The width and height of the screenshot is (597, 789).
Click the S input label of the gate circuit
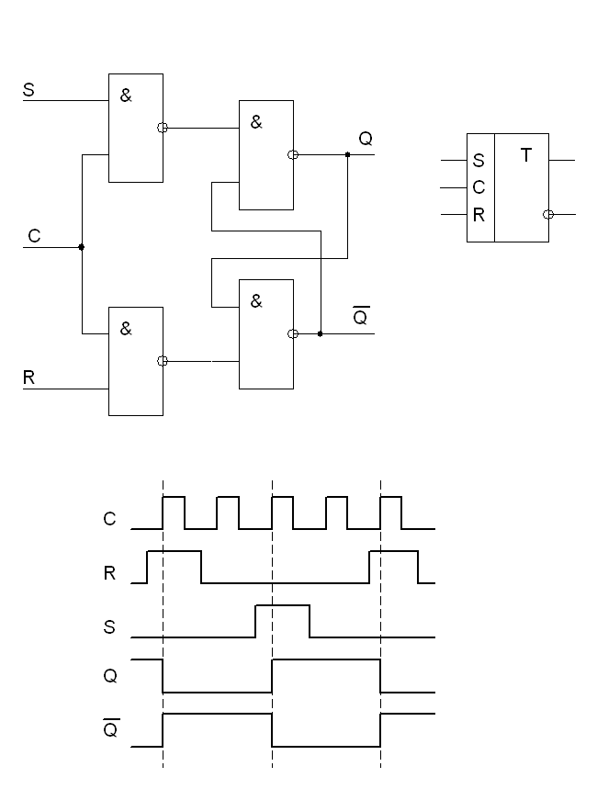point(28,90)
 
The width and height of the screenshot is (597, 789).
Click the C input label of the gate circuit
point(34,236)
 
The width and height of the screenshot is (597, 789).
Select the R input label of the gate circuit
point(29,378)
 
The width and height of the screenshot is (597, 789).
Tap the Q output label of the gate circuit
point(366,139)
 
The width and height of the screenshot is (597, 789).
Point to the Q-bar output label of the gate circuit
point(361,317)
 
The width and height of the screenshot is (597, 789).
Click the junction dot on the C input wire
point(82,247)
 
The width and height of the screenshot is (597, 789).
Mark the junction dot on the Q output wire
point(347,155)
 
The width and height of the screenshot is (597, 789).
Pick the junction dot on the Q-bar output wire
point(320,333)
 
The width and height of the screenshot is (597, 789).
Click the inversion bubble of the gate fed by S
point(163,128)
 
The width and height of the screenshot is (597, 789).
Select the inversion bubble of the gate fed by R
point(163,361)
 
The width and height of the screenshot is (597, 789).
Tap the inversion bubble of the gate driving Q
point(293,155)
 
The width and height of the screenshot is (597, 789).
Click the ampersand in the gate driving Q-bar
point(256,300)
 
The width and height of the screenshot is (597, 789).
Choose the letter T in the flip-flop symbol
point(526,155)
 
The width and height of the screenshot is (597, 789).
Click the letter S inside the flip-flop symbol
point(479,161)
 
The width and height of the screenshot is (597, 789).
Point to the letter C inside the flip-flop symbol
point(479,187)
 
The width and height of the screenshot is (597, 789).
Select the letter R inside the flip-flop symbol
point(479,217)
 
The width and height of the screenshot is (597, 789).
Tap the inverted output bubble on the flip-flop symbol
point(548,214)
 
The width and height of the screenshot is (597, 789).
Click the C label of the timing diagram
point(110,519)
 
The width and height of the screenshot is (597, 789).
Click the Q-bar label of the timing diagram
point(110,732)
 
